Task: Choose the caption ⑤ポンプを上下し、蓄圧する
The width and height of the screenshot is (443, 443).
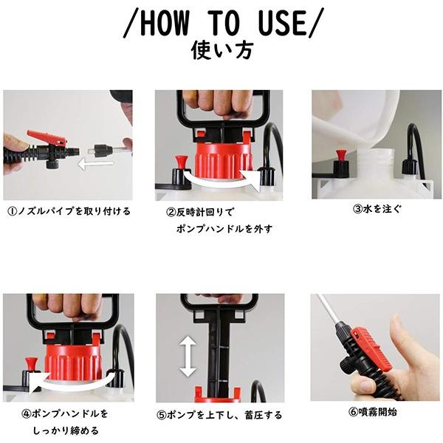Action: [x=219, y=415]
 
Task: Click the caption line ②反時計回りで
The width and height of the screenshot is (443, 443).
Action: [x=204, y=212]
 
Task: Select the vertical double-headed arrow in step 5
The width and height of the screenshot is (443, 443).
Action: [x=188, y=357]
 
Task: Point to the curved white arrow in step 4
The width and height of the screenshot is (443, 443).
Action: [x=74, y=383]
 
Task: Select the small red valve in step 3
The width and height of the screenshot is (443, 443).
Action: [x=341, y=157]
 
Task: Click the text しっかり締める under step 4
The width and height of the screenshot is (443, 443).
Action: [x=66, y=430]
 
